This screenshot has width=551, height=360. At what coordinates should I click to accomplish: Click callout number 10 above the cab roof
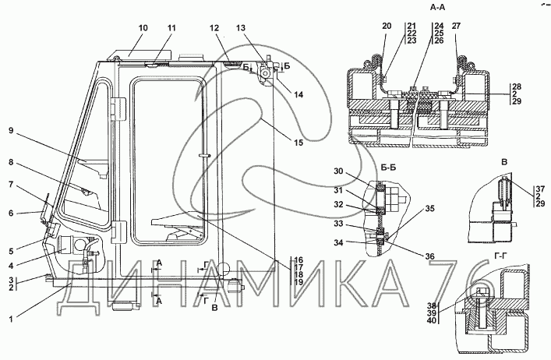coord(143,28)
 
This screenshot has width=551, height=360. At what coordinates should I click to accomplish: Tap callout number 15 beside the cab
coord(298,143)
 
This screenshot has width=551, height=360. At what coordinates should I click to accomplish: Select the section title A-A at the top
coord(437,7)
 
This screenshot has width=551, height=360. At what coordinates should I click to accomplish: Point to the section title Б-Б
coord(388,168)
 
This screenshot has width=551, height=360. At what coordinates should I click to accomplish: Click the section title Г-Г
coord(501,257)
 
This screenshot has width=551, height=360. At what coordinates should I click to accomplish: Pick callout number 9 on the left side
coord(11,131)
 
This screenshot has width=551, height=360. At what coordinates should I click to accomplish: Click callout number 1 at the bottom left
coord(11,319)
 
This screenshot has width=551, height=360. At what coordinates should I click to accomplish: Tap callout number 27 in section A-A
coord(456,26)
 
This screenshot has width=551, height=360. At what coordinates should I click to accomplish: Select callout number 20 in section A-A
coord(387,26)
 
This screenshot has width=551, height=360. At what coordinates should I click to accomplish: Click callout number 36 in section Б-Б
coord(429,256)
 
